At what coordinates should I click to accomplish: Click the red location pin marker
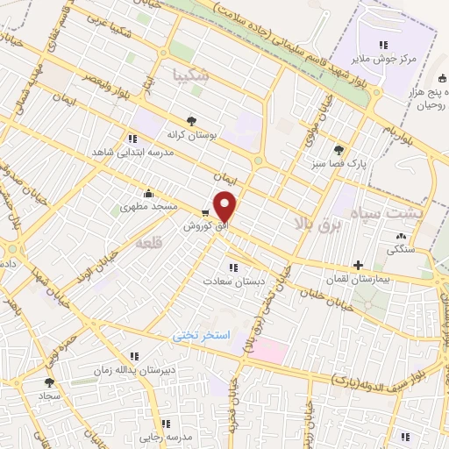click(226, 206)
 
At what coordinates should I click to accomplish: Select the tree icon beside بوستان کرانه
click(192, 122)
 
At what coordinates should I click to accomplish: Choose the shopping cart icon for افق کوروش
click(205, 212)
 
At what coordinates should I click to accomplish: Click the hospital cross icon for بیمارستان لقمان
click(358, 265)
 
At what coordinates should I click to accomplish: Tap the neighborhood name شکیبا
click(192, 75)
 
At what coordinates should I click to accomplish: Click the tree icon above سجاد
click(49, 382)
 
